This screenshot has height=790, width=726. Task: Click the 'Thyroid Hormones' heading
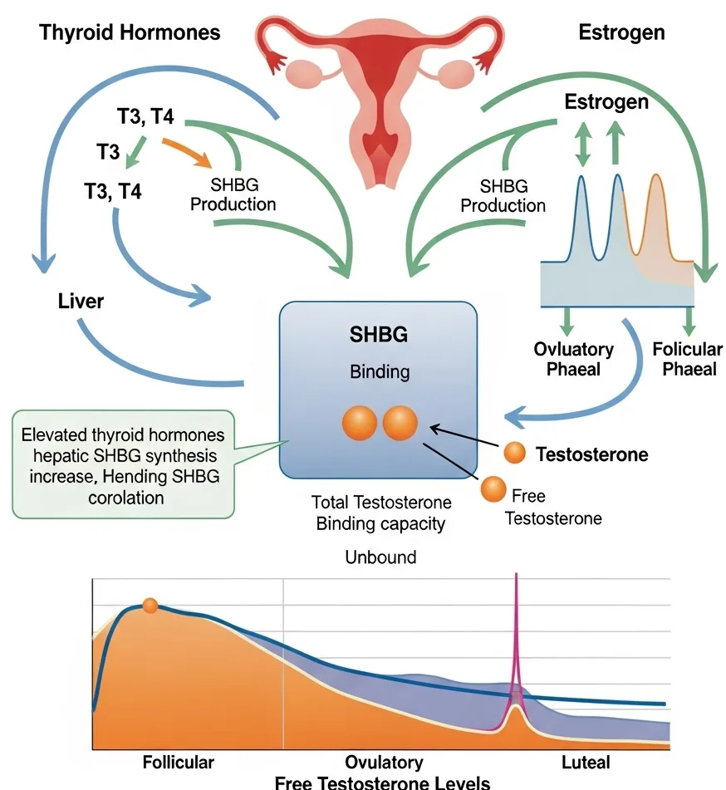(130, 33)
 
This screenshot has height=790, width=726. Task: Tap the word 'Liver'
(81, 300)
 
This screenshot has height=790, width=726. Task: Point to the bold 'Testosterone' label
(591, 454)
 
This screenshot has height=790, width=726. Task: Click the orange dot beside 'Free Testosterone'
(493, 488)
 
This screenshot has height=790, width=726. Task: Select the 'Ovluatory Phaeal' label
(573, 358)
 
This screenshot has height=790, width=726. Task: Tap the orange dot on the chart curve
(150, 606)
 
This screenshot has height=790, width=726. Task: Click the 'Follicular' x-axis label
(178, 761)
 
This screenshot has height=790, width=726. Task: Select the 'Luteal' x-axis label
(586, 761)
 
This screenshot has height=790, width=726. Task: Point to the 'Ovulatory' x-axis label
(384, 761)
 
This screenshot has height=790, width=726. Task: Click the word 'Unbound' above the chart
(380, 557)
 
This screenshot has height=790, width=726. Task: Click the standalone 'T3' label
(108, 153)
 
